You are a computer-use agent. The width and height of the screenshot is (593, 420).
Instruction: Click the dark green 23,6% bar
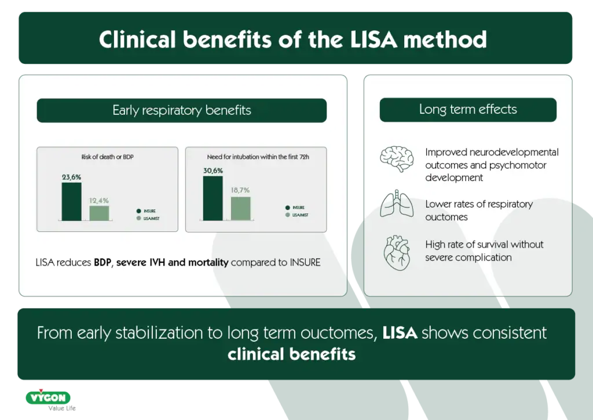[72, 201]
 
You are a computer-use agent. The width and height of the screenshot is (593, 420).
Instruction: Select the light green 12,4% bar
[99, 213]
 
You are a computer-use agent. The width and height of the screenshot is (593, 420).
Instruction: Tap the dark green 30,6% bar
[213, 198]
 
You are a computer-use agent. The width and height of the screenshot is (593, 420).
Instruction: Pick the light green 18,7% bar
[240, 208]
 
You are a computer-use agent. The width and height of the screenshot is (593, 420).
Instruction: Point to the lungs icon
[396, 204]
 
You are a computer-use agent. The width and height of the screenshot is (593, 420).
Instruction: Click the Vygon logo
[48, 398]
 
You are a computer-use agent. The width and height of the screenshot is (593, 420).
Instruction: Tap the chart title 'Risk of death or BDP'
[107, 157]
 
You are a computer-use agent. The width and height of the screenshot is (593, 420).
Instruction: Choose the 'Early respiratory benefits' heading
[181, 110]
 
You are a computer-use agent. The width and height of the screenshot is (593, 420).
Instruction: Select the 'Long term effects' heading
[468, 109]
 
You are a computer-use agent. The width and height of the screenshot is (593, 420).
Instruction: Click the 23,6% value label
[72, 177]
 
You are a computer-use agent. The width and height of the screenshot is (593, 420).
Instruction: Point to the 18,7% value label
[241, 190]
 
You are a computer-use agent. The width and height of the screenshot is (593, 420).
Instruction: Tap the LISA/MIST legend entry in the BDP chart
[150, 218]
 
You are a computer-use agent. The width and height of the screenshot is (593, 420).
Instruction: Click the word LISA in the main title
[369, 39]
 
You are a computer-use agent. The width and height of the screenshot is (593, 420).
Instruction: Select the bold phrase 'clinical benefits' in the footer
[291, 354]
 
